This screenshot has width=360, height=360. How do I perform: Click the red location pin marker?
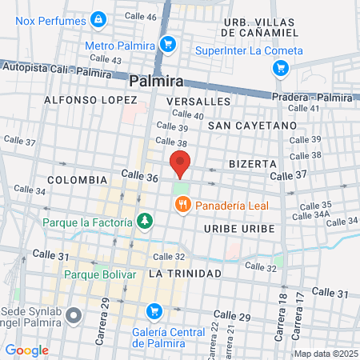click(x=181, y=164)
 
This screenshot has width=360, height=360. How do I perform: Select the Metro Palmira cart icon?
click(x=167, y=44)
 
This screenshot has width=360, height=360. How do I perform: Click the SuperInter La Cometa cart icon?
click(x=280, y=68)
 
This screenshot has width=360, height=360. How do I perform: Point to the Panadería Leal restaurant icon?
click(x=182, y=205)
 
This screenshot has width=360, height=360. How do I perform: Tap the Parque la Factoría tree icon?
click(x=144, y=219)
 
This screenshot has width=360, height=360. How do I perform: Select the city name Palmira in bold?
click(x=156, y=81)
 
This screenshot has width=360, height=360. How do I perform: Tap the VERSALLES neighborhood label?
click(x=198, y=102)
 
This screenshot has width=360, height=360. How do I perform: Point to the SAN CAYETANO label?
click(x=252, y=126)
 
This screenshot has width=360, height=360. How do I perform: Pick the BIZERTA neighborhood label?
click(x=252, y=162)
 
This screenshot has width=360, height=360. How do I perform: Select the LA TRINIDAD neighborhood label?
click(x=185, y=274)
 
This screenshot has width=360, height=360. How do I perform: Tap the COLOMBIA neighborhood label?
click(x=78, y=180)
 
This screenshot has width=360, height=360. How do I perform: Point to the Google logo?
click(x=26, y=350)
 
